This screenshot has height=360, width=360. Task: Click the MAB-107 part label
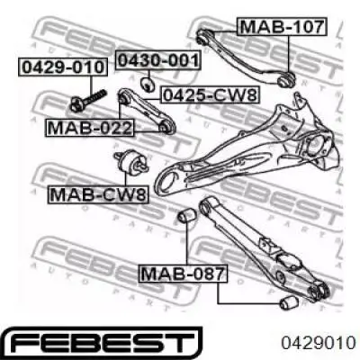click(x=282, y=27)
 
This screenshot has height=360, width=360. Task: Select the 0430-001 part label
click(x=158, y=60)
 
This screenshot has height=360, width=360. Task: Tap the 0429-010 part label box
click(x=63, y=67)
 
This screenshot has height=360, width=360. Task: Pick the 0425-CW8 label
click(x=210, y=95)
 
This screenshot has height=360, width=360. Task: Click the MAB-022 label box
click(x=90, y=128)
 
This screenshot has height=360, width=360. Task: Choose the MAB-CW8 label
click(x=98, y=194)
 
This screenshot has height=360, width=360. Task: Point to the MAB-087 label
click(x=183, y=274)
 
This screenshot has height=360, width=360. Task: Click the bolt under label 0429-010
click(x=87, y=100)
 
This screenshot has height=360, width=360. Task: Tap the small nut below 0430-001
click(x=148, y=83)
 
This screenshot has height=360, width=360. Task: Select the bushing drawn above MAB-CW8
click(x=131, y=161)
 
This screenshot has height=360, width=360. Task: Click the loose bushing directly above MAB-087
click(x=186, y=216)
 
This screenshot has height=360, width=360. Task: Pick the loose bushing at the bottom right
click(x=289, y=302)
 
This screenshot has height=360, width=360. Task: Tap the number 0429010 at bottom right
click(x=318, y=343)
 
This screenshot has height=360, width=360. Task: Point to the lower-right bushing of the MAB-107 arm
click(x=286, y=79)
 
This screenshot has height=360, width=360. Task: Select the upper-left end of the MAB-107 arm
click(x=202, y=36)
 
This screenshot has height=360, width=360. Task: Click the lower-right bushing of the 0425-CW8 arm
click(x=166, y=127)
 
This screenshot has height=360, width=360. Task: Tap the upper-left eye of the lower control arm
click(x=206, y=205)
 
